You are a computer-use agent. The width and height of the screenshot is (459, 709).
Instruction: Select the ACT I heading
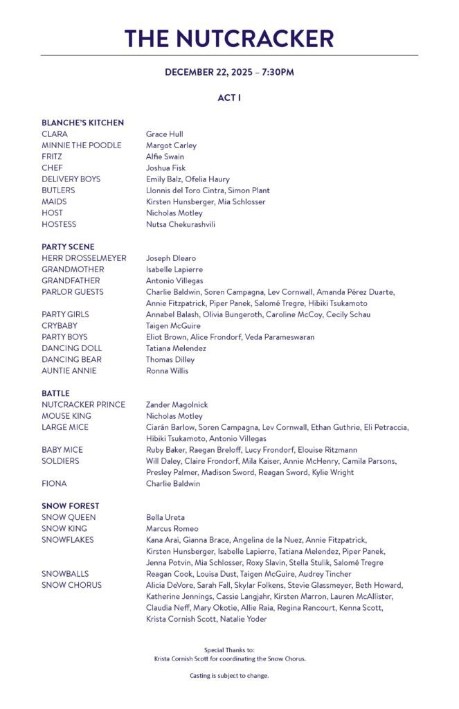tap(229, 98)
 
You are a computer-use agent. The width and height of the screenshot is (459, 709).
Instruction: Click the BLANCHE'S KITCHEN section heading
tap(82, 123)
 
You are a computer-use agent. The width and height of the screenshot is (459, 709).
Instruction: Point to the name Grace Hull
tap(164, 134)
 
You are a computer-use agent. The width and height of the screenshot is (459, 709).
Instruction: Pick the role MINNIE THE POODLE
tap(81, 145)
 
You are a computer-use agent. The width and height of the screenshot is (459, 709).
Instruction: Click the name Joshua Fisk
tap(165, 168)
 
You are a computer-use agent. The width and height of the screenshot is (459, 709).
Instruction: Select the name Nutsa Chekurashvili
tap(180, 224)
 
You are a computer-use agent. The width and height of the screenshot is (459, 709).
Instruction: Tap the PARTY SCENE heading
tap(68, 246)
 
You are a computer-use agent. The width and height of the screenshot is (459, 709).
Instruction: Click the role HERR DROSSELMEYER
tap(84, 258)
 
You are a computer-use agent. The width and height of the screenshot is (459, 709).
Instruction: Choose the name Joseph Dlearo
tap(171, 258)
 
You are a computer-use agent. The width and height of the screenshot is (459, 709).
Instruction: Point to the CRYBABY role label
tap(60, 325)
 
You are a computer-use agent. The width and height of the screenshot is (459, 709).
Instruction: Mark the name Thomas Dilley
tap(170, 359)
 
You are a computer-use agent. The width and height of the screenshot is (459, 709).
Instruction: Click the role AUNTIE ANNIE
tap(69, 370)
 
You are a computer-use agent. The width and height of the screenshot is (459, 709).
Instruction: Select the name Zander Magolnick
tap(177, 404)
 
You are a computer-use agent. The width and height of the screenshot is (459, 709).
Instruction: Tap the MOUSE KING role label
tap(66, 416)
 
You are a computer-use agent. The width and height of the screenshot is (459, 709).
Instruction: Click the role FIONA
tap(54, 484)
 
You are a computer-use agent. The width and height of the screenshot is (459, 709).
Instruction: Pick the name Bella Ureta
tap(165, 517)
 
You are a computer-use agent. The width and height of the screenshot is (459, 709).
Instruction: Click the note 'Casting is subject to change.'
tap(229, 675)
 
